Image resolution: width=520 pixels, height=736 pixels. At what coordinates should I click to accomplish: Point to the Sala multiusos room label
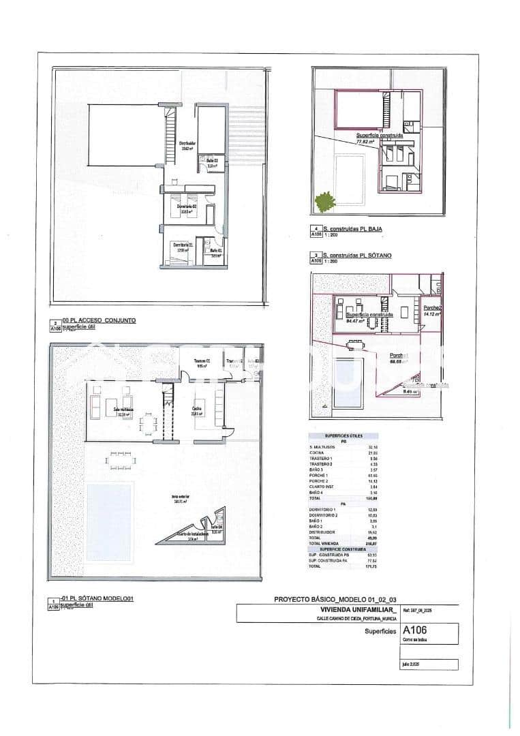(x=123, y=410)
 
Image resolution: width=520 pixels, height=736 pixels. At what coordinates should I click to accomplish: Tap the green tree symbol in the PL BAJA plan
(x=325, y=202)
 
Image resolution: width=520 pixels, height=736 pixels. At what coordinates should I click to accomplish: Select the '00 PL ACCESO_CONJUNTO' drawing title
(x=99, y=319)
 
